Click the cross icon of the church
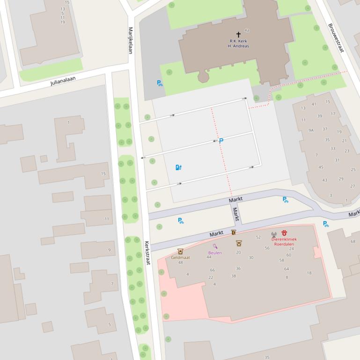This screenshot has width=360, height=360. tap(238, 35)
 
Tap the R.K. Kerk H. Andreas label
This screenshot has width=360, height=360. tap(238, 44)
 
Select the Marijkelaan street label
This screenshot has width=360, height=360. tap(131, 40)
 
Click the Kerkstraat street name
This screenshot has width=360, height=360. tap(147, 253)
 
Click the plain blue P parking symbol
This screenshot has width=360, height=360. tap(221, 140)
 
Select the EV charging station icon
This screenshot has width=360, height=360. tap(178, 167)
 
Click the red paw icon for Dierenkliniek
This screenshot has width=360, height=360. tap(284, 233)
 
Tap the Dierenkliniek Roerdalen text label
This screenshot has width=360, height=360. tap(284, 241)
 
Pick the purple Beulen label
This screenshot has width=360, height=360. tap(215, 253)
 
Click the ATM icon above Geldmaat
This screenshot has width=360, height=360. tap(180, 252)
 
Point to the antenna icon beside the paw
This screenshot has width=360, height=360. tap(274, 234)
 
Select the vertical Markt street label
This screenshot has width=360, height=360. tap(236, 214)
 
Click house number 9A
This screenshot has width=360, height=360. tap(311, 130)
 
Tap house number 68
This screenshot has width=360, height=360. tap(353, 242)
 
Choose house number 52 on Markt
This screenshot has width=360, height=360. tap(258, 238)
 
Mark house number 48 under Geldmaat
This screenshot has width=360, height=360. tap(180, 262)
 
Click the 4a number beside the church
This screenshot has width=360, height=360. tap(247, 30)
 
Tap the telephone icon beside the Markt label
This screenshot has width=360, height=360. tap(234, 232)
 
